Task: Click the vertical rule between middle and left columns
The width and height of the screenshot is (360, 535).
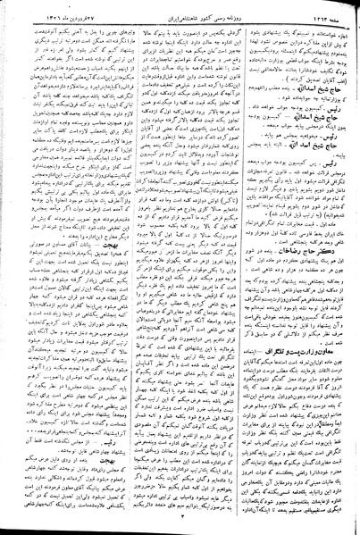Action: pyautogui.click(x=121, y=268)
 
